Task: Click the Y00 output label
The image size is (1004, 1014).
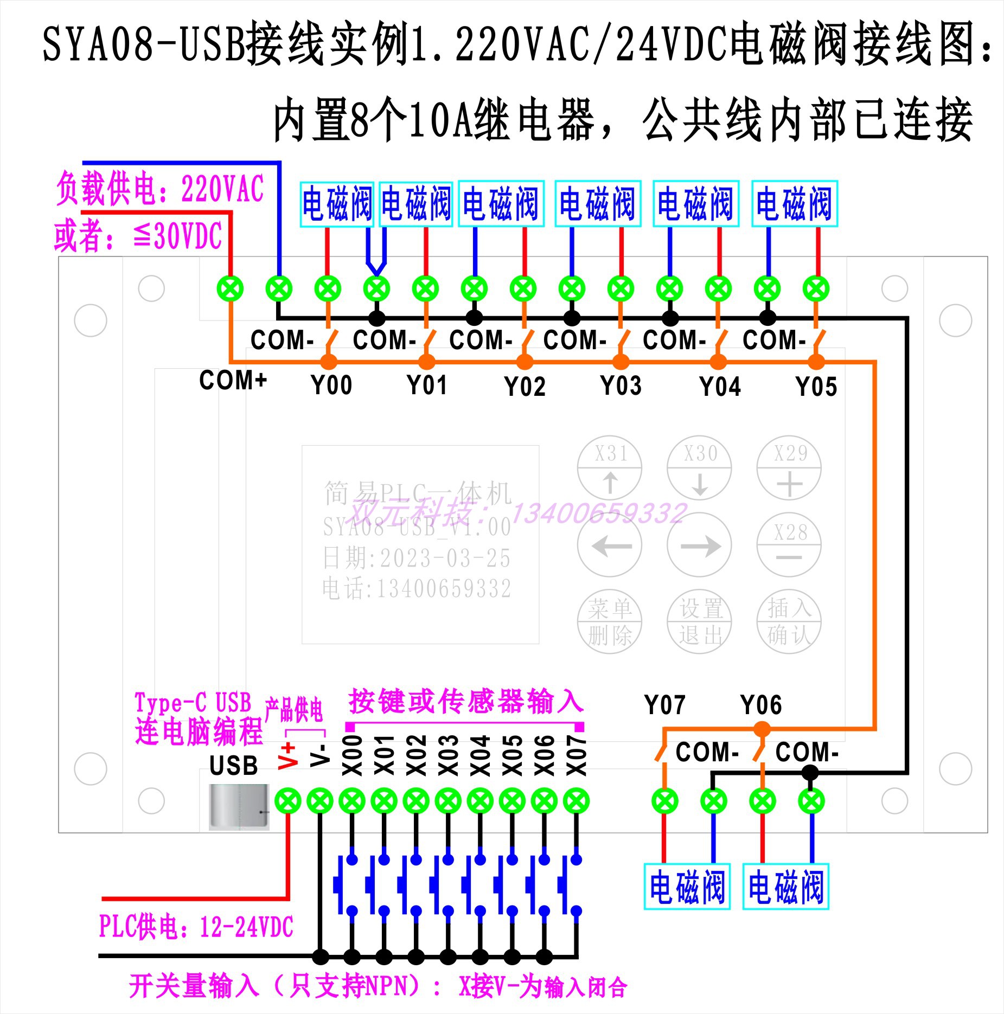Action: pos(331,386)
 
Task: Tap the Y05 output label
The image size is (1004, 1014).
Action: pos(816,387)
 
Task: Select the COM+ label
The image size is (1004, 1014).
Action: pos(233,380)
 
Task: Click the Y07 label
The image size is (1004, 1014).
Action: pos(664,705)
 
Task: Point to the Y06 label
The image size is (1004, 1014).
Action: pos(761,705)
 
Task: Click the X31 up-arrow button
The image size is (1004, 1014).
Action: pos(610,467)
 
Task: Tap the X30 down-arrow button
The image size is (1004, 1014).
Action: pos(699,467)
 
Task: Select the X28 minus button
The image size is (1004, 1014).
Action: pos(789,544)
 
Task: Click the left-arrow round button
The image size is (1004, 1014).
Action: pos(610,545)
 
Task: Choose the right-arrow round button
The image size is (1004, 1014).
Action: pos(699,545)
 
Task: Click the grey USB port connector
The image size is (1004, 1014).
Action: pos(239,807)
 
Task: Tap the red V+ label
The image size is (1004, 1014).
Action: pos(288,756)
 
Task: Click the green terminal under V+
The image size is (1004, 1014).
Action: pos(287,801)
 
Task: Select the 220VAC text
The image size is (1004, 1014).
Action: pos(222,189)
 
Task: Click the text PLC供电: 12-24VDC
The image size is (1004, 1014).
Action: pos(196,926)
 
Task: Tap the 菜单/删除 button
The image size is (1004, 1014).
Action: pos(610,621)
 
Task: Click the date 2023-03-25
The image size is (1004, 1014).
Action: pos(445,559)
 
